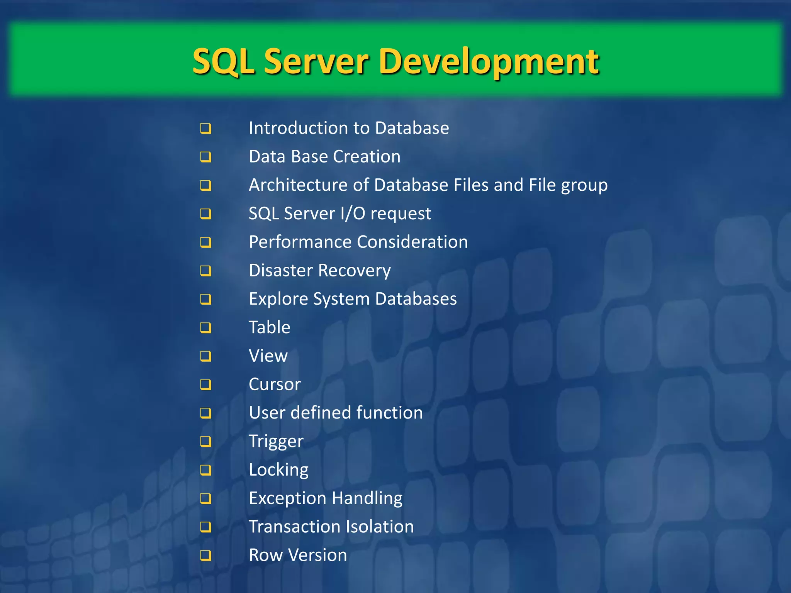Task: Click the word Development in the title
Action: (x=491, y=62)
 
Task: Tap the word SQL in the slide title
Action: (x=223, y=62)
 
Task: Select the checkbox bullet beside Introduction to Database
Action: (x=205, y=128)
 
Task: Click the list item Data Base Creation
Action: (x=324, y=157)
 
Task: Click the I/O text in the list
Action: (x=353, y=213)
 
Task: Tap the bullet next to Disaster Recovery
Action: (x=205, y=271)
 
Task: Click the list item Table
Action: (x=269, y=327)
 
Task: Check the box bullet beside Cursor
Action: (x=205, y=385)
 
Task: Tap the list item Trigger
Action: (x=276, y=441)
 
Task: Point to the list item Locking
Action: (x=278, y=470)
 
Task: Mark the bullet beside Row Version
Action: (x=205, y=555)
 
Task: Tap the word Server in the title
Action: (x=316, y=62)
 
